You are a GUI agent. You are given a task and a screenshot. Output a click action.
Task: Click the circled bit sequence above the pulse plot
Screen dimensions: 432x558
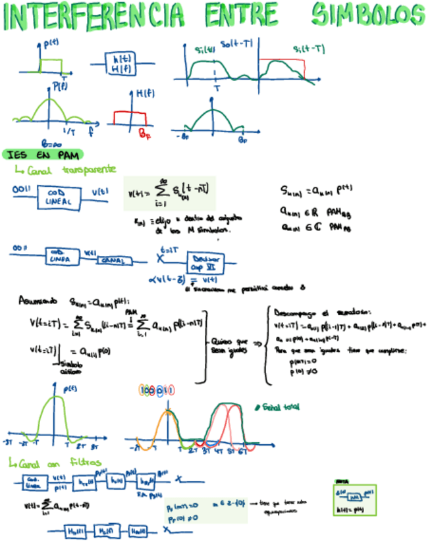click(157, 390)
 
